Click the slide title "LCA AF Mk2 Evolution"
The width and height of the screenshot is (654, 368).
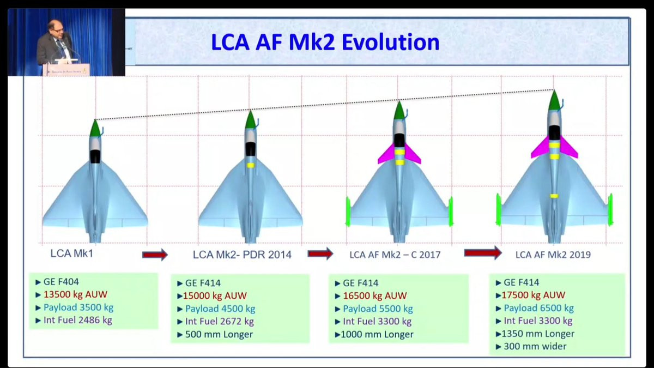[x=325, y=43]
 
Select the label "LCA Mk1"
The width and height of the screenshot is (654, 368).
[x=72, y=254]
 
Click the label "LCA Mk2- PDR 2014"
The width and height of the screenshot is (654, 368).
[x=242, y=255]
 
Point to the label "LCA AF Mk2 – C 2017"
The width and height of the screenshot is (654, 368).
[x=395, y=255]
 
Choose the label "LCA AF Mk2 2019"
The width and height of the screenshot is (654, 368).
[x=553, y=255]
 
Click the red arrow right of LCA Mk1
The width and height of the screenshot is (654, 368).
[x=155, y=255]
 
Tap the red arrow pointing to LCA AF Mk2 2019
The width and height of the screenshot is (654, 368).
[x=483, y=252]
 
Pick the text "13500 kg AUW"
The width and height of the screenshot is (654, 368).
[x=75, y=294]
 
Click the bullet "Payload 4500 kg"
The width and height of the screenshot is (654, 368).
[x=220, y=309]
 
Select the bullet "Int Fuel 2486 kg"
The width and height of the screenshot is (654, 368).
[x=77, y=320]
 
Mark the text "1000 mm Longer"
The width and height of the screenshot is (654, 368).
[x=377, y=334]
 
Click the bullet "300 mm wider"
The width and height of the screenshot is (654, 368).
[x=535, y=346]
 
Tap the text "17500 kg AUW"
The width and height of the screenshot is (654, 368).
[x=534, y=295]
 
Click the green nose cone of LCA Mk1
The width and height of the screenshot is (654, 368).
[x=95, y=129]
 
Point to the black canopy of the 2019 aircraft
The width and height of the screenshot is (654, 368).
[x=554, y=133]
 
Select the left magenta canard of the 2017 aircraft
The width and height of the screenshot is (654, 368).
[x=386, y=154]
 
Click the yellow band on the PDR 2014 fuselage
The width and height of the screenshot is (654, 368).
[x=251, y=165]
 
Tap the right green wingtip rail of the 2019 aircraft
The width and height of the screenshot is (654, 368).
[x=610, y=209]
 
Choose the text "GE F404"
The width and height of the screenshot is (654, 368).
[x=61, y=282]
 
